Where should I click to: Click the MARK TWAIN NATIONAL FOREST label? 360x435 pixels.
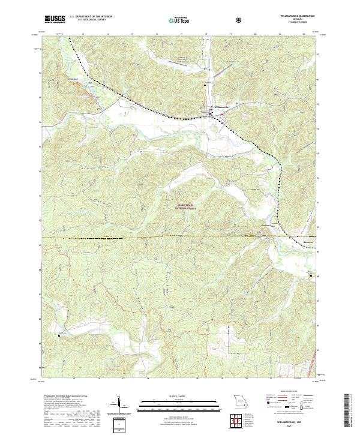(x=187, y=206)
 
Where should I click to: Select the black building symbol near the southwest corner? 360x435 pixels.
(x=58, y=335)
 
